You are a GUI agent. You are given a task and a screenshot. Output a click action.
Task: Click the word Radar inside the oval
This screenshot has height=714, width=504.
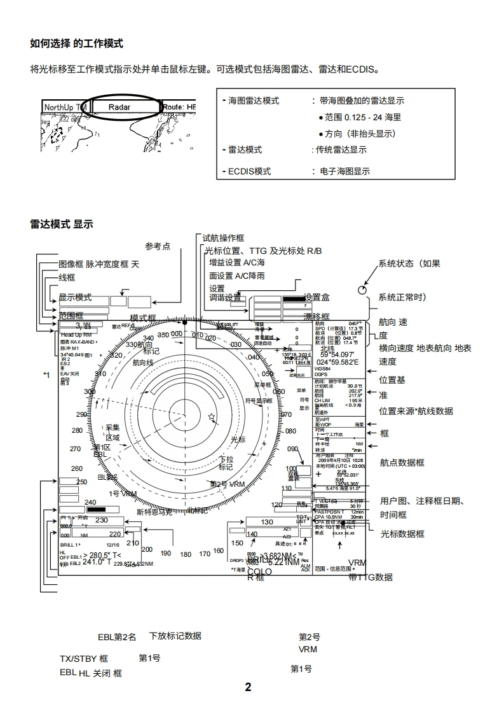119,108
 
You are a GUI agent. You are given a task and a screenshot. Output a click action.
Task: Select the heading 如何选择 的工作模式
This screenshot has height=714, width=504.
76,43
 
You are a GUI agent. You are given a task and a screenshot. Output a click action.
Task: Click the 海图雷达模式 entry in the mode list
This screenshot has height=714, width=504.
254,101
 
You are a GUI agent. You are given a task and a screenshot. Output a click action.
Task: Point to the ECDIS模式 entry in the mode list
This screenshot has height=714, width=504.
249,171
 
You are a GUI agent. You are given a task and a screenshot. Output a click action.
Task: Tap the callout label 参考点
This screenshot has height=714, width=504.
158,246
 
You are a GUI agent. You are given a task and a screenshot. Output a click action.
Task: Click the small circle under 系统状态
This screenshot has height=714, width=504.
363,290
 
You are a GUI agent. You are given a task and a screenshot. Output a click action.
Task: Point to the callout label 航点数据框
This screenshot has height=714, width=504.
402,463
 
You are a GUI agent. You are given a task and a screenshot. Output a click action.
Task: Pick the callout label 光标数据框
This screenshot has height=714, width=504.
402,534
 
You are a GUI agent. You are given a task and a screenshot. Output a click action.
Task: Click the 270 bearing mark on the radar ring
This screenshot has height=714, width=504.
76,449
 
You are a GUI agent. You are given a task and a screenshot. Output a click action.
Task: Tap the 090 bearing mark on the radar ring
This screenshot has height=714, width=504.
292,449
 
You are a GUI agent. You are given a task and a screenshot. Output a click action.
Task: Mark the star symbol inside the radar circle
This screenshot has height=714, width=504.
211,417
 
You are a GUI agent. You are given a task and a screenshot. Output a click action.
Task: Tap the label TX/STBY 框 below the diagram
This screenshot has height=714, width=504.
83,659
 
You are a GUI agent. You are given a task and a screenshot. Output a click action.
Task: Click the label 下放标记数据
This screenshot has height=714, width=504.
175,636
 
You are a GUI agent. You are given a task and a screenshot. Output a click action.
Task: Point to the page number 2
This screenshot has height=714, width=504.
249,687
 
